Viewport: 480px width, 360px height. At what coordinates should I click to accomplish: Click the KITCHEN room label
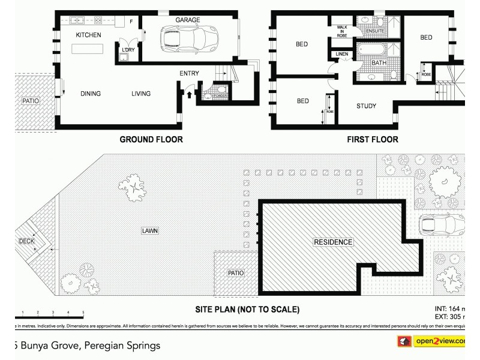(88, 35)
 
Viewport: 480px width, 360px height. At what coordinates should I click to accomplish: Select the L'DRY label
(128, 49)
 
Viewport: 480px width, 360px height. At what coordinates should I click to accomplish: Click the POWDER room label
(220, 95)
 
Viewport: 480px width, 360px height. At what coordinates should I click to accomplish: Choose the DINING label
(91, 94)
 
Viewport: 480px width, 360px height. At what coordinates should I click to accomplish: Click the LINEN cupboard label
(342, 55)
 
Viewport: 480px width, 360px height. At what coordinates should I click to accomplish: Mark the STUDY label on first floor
(366, 106)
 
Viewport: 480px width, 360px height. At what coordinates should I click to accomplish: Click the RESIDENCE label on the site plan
(333, 242)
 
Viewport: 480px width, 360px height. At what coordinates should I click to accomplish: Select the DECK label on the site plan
(26, 241)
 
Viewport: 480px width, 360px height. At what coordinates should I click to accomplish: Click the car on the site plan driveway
(442, 226)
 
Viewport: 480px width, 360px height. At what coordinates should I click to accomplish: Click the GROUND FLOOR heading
(151, 139)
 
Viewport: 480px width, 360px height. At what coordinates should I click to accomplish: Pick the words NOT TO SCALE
(268, 310)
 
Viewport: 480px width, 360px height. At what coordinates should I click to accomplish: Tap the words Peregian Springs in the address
(122, 346)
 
